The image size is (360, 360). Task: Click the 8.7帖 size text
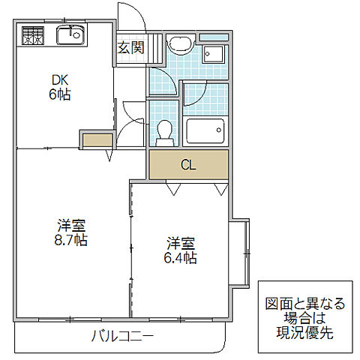(72, 240)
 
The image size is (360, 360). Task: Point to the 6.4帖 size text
(181, 258)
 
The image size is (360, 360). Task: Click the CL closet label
(187, 165)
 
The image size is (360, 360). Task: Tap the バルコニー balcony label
(123, 335)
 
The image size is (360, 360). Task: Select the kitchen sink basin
(72, 34)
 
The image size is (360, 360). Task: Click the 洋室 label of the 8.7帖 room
(72, 224)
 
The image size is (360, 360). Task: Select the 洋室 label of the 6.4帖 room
(181, 243)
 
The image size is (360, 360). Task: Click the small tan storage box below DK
(95, 140)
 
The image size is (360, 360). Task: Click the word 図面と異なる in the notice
(305, 304)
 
